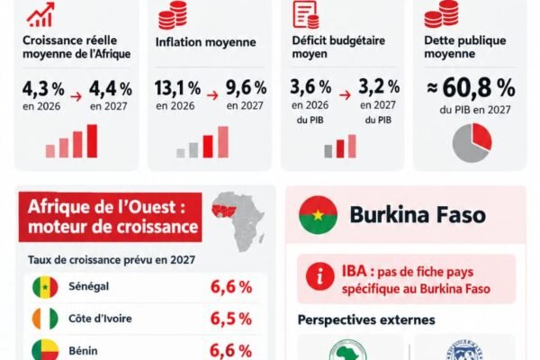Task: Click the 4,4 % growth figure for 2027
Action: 111,89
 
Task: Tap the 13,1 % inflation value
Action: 177,88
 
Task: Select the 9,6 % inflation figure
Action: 246,88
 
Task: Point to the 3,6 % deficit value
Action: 310,86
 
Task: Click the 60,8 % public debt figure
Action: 471,87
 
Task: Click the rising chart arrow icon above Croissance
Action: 40,14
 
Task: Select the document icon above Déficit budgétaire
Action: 306,14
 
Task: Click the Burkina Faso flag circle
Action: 318,215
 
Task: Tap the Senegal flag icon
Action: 45,287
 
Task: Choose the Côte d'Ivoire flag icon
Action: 45,319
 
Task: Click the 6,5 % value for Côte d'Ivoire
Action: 231,319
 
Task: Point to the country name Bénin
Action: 83,351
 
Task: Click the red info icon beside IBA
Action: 319,276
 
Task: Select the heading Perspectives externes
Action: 366,320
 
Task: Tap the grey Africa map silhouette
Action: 238,221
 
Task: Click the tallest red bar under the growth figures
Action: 92,141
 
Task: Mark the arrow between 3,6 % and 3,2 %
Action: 345,94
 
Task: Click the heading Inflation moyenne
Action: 205,42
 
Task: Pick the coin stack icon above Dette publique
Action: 442,13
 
